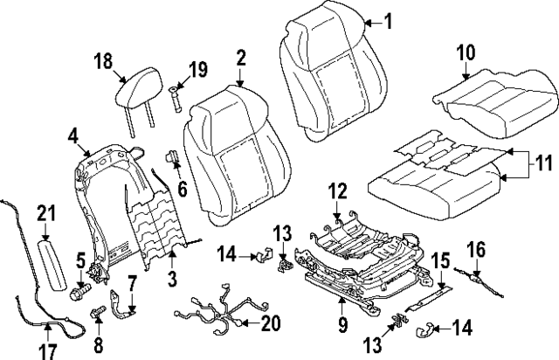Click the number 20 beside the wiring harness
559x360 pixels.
[x=272, y=323]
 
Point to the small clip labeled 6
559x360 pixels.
[x=172, y=158]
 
